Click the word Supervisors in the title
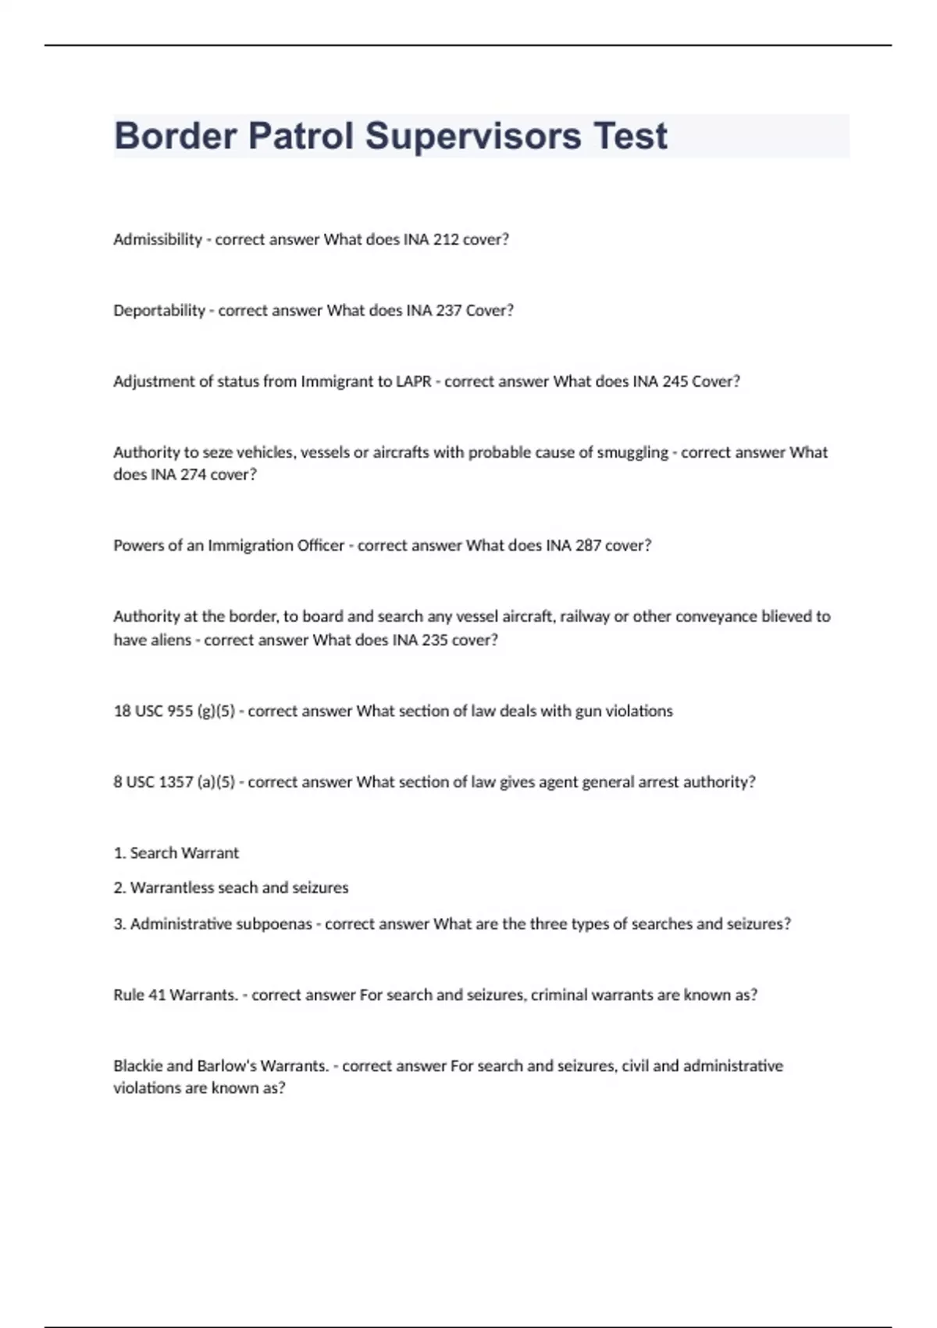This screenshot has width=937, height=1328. coord(472,137)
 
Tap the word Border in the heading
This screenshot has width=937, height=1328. coord(175,137)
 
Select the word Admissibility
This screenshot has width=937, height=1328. coord(158,240)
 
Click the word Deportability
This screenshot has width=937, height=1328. coord(159,311)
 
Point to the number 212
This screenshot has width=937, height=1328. coord(446,240)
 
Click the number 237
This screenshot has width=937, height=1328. coord(449,311)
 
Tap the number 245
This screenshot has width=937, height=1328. coord(675,382)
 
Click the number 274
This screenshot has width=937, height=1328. coord(193,475)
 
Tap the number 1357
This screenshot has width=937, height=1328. coord(175,782)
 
